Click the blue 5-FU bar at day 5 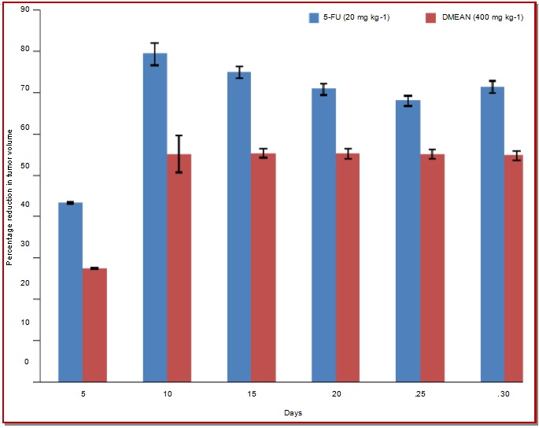71,292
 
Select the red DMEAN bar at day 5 95,325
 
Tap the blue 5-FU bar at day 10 155,217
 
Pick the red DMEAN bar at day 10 179,267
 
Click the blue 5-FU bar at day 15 239,227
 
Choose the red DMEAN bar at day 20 348,267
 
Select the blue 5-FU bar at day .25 408,241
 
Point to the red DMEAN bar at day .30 514,268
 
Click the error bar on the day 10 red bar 179,154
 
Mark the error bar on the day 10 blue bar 155,54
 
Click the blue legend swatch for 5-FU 314,18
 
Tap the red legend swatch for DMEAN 430,18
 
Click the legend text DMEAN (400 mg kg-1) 482,17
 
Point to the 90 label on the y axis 25,9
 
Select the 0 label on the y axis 27,362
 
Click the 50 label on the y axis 25,166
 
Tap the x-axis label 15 252,394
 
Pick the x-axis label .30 504,394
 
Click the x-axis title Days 293,413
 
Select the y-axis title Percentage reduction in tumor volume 9,197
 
